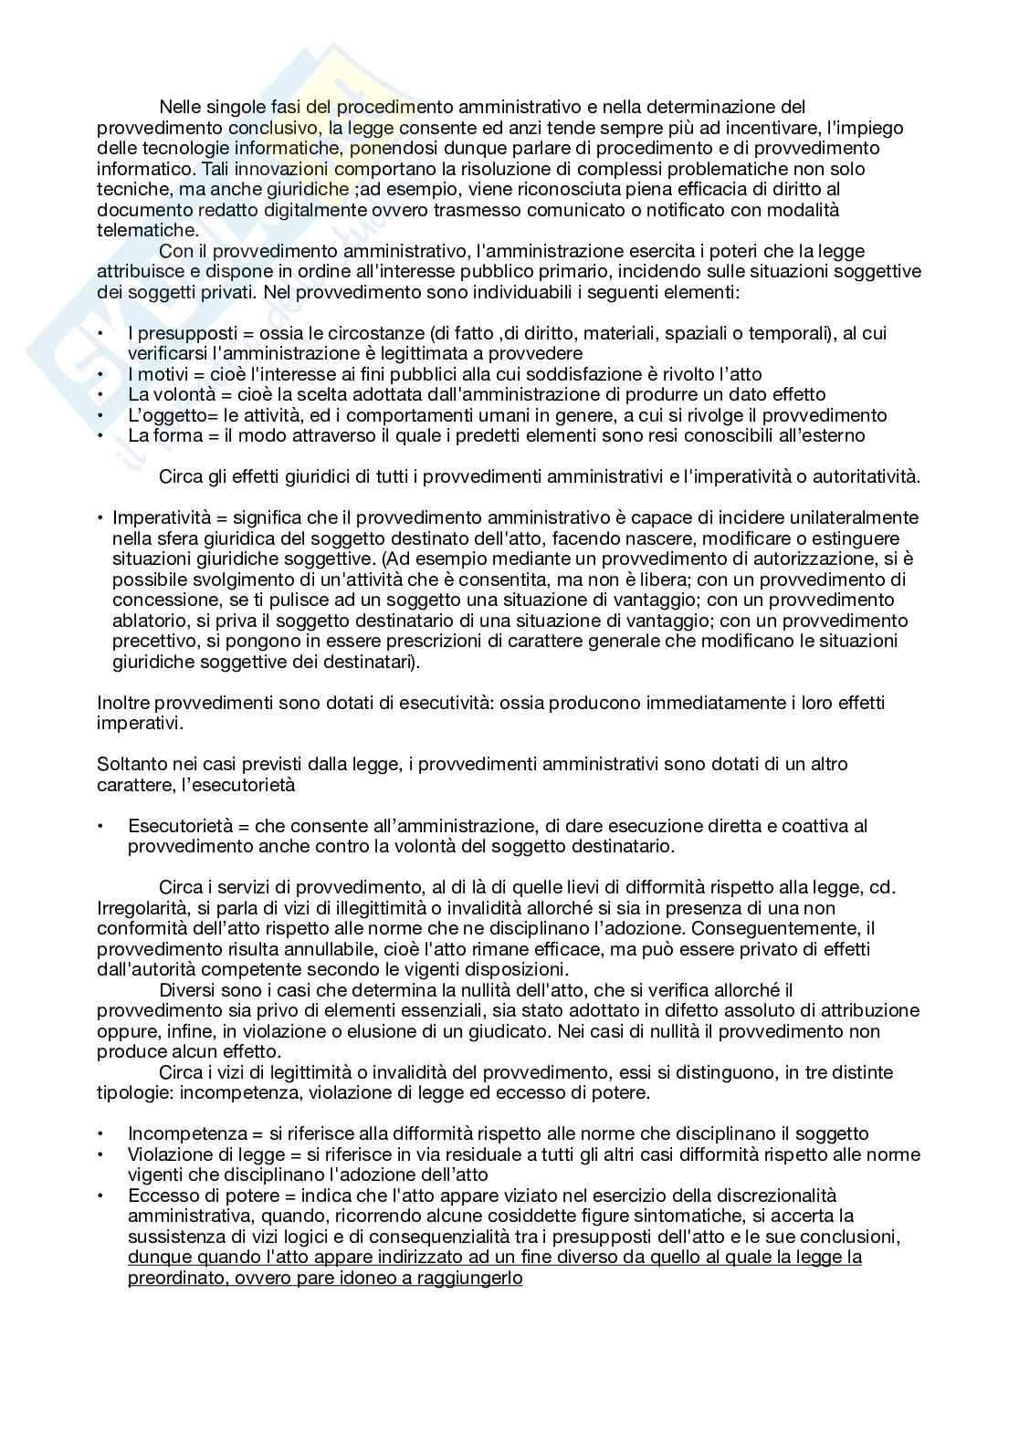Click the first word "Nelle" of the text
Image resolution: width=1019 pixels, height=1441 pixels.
pyautogui.click(x=180, y=108)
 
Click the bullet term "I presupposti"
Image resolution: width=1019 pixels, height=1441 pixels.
pyautogui.click(x=180, y=333)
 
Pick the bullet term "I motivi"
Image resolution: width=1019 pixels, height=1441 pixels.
pyautogui.click(x=162, y=374)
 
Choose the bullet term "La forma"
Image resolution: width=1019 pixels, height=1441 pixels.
pyautogui.click(x=167, y=435)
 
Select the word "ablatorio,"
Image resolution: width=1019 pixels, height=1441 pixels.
pyautogui.click(x=147, y=621)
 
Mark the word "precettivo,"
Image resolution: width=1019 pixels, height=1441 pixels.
pyautogui.click(x=154, y=641)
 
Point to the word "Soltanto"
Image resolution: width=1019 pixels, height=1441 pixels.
pyautogui.click(x=131, y=764)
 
